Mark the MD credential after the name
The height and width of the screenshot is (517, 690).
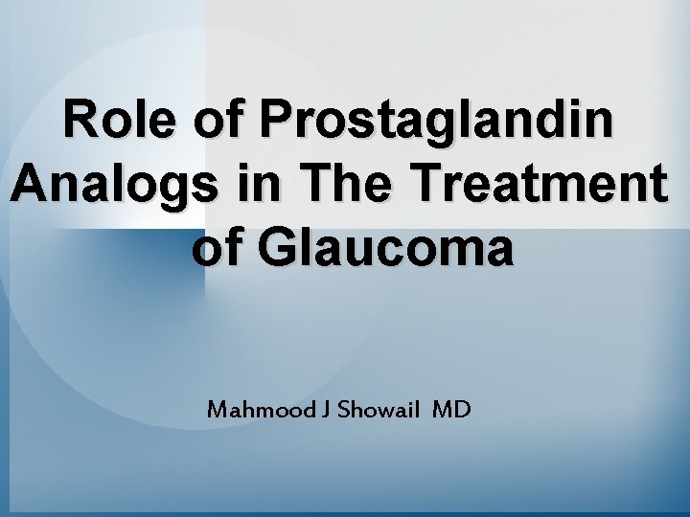click(x=451, y=411)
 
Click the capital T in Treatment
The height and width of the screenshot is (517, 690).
click(x=448, y=185)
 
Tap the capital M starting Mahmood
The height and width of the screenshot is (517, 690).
click(x=218, y=411)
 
